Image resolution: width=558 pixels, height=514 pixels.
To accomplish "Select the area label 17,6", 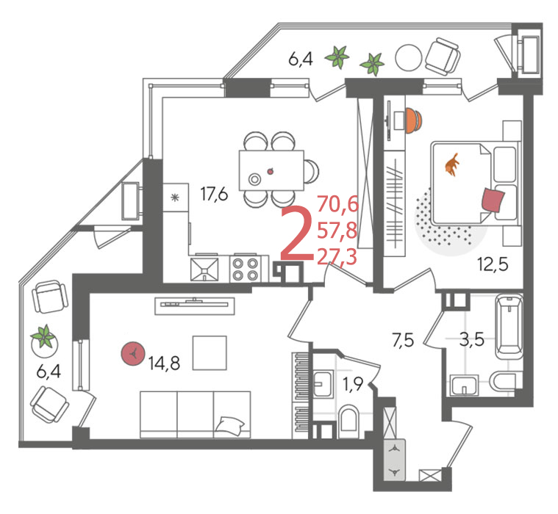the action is coord(214,194).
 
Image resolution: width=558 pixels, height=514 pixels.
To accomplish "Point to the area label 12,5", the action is coord(493,264).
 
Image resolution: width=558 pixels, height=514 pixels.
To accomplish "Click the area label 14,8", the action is coord(164,363).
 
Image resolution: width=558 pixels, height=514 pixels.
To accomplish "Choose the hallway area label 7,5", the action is coord(403,340).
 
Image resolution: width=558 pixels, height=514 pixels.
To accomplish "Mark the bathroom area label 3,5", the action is coord(472,340).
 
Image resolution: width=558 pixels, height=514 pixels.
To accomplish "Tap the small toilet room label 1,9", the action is coord(353,384).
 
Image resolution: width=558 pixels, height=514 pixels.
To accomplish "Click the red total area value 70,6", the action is coord(337,204).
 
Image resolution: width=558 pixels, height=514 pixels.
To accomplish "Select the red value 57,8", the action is coord(337,231).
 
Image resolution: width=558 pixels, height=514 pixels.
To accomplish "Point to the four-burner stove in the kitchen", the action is coord(246,269).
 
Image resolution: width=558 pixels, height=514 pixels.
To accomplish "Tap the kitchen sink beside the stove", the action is coord(204,269).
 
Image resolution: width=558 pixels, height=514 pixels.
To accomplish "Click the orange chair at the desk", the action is coord(413,120).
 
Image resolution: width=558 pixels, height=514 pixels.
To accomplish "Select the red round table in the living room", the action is coord(133,354).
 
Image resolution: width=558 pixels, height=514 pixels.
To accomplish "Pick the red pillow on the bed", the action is coord(493,200).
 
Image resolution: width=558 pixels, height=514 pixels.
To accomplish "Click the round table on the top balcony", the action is coord(409,58).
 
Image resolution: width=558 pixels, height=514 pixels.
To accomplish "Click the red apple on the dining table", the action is coord(271,171).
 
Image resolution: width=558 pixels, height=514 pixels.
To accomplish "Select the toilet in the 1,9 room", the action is coord(349,421).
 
